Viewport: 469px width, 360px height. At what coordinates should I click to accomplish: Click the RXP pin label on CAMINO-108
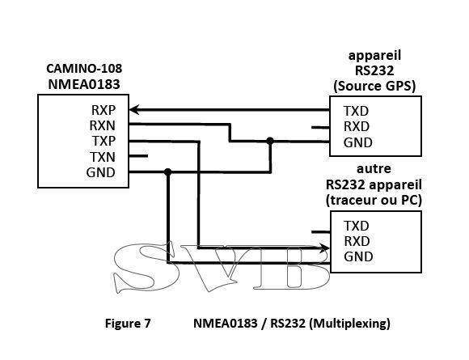[x=104, y=110]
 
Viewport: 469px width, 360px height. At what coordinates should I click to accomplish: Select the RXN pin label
[x=103, y=125]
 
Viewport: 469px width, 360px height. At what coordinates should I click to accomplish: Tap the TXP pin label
[x=104, y=141]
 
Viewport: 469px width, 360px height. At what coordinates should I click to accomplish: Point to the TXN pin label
[x=103, y=157]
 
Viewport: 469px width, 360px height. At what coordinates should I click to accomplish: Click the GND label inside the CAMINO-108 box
[x=101, y=172]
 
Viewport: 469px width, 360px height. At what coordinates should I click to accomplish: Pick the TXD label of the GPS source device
[x=356, y=111]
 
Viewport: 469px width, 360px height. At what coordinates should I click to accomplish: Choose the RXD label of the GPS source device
[x=357, y=126]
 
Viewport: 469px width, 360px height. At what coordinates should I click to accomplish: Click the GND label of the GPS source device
[x=358, y=142]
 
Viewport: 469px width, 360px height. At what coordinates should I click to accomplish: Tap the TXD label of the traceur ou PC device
[x=357, y=226]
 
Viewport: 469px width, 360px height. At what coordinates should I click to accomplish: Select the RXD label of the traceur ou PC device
[x=357, y=241]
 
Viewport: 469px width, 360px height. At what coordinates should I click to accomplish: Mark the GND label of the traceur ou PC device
[x=358, y=256]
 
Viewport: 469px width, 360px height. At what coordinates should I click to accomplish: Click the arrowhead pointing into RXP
[x=134, y=110]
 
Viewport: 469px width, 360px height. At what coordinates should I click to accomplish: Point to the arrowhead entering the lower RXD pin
[x=324, y=248]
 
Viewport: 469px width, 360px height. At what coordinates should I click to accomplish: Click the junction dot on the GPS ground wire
[x=270, y=141]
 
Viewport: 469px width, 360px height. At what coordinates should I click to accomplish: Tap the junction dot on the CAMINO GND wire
[x=168, y=172]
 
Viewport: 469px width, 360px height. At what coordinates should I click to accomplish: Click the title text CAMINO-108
[x=84, y=69]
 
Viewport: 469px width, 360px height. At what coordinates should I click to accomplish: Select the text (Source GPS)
[x=374, y=87]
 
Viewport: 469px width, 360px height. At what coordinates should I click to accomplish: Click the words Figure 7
[x=128, y=324]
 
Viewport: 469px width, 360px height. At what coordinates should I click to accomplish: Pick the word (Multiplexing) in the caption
[x=349, y=324]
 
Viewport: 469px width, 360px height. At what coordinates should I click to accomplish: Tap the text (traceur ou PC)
[x=374, y=200]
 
